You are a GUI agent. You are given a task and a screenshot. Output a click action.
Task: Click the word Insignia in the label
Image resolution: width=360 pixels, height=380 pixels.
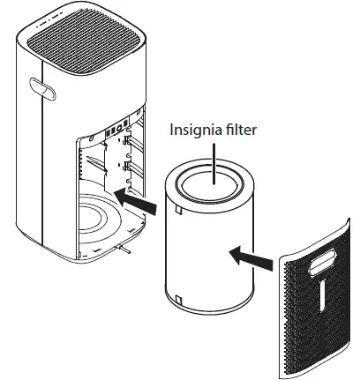click(194, 130)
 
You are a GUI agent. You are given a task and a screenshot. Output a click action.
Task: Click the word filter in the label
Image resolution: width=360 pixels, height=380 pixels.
click(240, 129)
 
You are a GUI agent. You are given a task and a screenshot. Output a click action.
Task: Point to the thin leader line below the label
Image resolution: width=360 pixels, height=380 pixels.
click(214, 164)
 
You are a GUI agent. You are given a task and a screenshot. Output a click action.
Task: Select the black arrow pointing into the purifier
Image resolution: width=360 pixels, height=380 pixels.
click(135, 202)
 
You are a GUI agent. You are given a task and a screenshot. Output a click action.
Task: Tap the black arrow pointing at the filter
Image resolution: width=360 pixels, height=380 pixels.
click(251, 257)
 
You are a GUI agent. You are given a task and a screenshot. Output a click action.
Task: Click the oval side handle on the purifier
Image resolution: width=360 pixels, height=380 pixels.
click(42, 89)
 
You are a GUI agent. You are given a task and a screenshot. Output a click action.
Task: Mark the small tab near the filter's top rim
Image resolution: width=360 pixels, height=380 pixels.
click(178, 209)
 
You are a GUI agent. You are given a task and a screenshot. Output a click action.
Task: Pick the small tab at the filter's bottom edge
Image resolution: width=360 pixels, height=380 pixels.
click(178, 299)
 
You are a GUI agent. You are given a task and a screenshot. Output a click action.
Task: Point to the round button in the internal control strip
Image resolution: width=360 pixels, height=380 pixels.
click(119, 128)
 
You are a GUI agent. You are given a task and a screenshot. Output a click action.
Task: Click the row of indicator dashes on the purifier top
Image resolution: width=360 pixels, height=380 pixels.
click(49, 19)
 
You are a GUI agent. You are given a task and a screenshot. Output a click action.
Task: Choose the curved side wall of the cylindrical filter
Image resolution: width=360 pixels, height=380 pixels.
click(209, 253)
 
